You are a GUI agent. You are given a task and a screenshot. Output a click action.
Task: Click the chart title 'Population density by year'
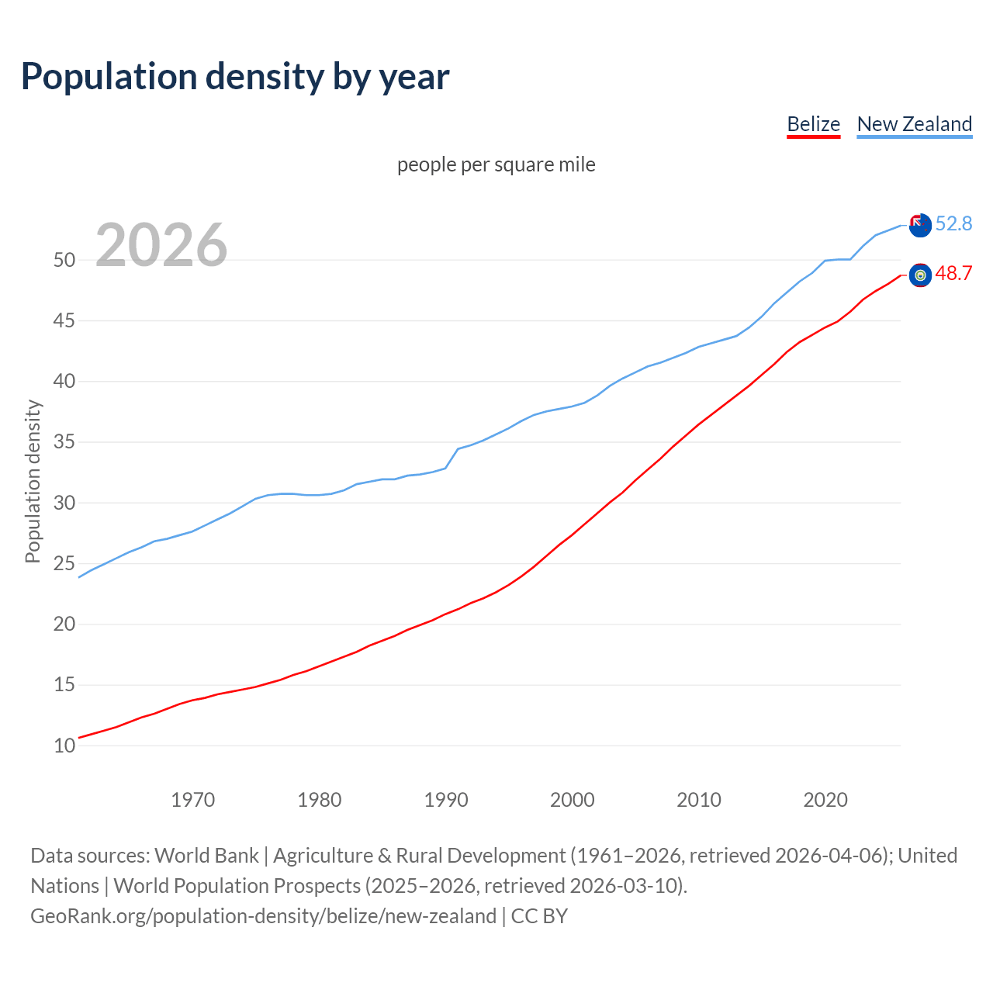[x=235, y=77]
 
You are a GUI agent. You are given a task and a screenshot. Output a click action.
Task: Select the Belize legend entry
[x=813, y=124]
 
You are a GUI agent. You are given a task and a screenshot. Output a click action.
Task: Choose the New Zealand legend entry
[x=914, y=124]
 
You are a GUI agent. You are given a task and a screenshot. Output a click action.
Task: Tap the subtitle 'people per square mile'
[x=496, y=164]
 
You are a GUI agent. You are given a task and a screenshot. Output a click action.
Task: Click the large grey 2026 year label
[x=161, y=245]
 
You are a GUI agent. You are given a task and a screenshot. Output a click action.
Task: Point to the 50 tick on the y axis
[x=64, y=260]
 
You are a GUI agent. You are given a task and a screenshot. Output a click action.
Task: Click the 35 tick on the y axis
[x=64, y=442]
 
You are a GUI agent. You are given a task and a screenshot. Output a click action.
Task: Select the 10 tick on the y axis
[x=64, y=746]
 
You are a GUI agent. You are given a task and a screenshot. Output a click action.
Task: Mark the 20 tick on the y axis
[x=64, y=625]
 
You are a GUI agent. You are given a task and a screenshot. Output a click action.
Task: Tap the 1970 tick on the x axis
[x=192, y=800]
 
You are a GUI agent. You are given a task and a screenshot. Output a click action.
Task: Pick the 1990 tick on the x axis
[x=446, y=800]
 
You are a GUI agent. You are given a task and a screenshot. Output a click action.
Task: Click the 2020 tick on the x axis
[x=825, y=800]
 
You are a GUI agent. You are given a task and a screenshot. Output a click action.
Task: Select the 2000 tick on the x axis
[x=573, y=800]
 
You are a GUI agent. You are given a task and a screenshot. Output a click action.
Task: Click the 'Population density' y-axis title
[x=33, y=481]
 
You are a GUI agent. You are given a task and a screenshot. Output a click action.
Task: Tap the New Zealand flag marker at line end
[x=920, y=226]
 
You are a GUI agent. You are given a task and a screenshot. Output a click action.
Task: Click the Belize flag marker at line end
[x=920, y=275]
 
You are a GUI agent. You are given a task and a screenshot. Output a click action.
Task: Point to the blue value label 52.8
[x=953, y=223]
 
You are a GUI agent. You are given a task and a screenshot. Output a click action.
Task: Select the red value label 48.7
[x=953, y=273]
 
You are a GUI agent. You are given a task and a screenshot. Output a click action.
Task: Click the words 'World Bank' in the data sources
[x=206, y=856]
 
